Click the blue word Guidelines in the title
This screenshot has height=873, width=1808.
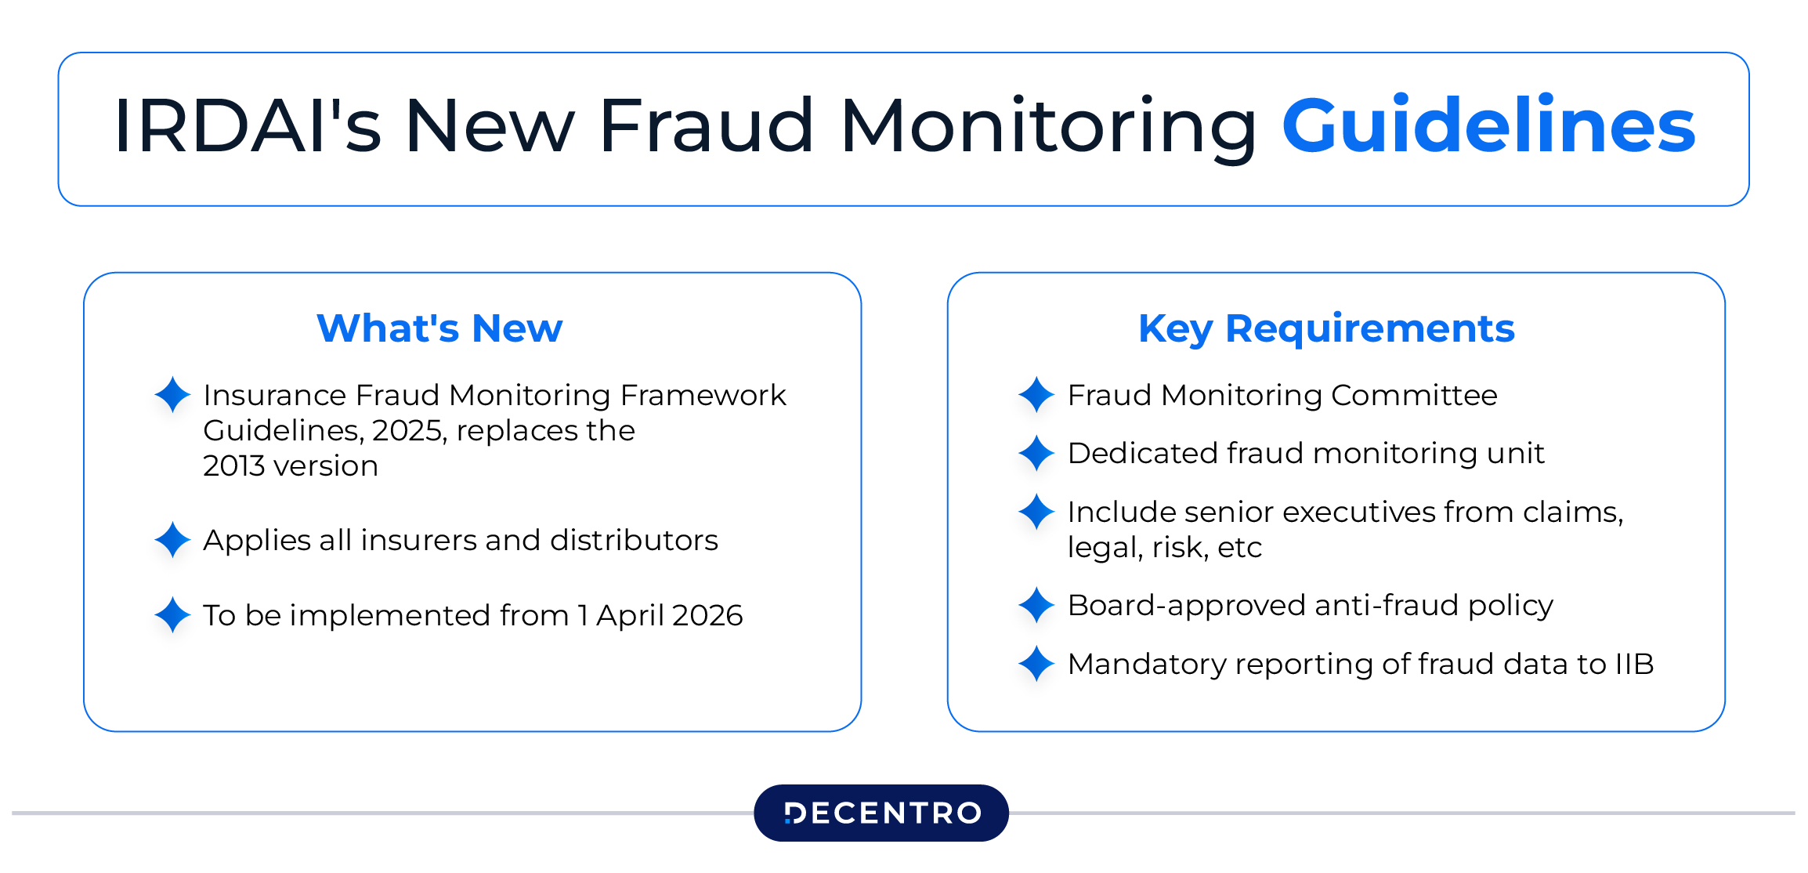pyautogui.click(x=1488, y=125)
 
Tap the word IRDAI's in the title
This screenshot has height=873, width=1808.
pyautogui.click(x=248, y=125)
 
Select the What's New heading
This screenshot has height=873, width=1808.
pyautogui.click(x=439, y=328)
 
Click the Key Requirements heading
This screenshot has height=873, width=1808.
pyautogui.click(x=1326, y=328)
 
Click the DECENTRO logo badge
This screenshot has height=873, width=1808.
pyautogui.click(x=881, y=813)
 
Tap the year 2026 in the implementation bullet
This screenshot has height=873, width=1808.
pyautogui.click(x=707, y=616)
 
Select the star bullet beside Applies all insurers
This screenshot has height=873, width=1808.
pyautogui.click(x=172, y=540)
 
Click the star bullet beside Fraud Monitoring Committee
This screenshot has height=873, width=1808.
pyautogui.click(x=1036, y=394)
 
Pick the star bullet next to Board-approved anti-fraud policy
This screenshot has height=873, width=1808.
pyautogui.click(x=1036, y=605)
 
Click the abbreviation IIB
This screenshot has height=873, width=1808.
pyautogui.click(x=1634, y=665)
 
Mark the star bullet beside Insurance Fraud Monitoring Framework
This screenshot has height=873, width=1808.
pyautogui.click(x=172, y=394)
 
